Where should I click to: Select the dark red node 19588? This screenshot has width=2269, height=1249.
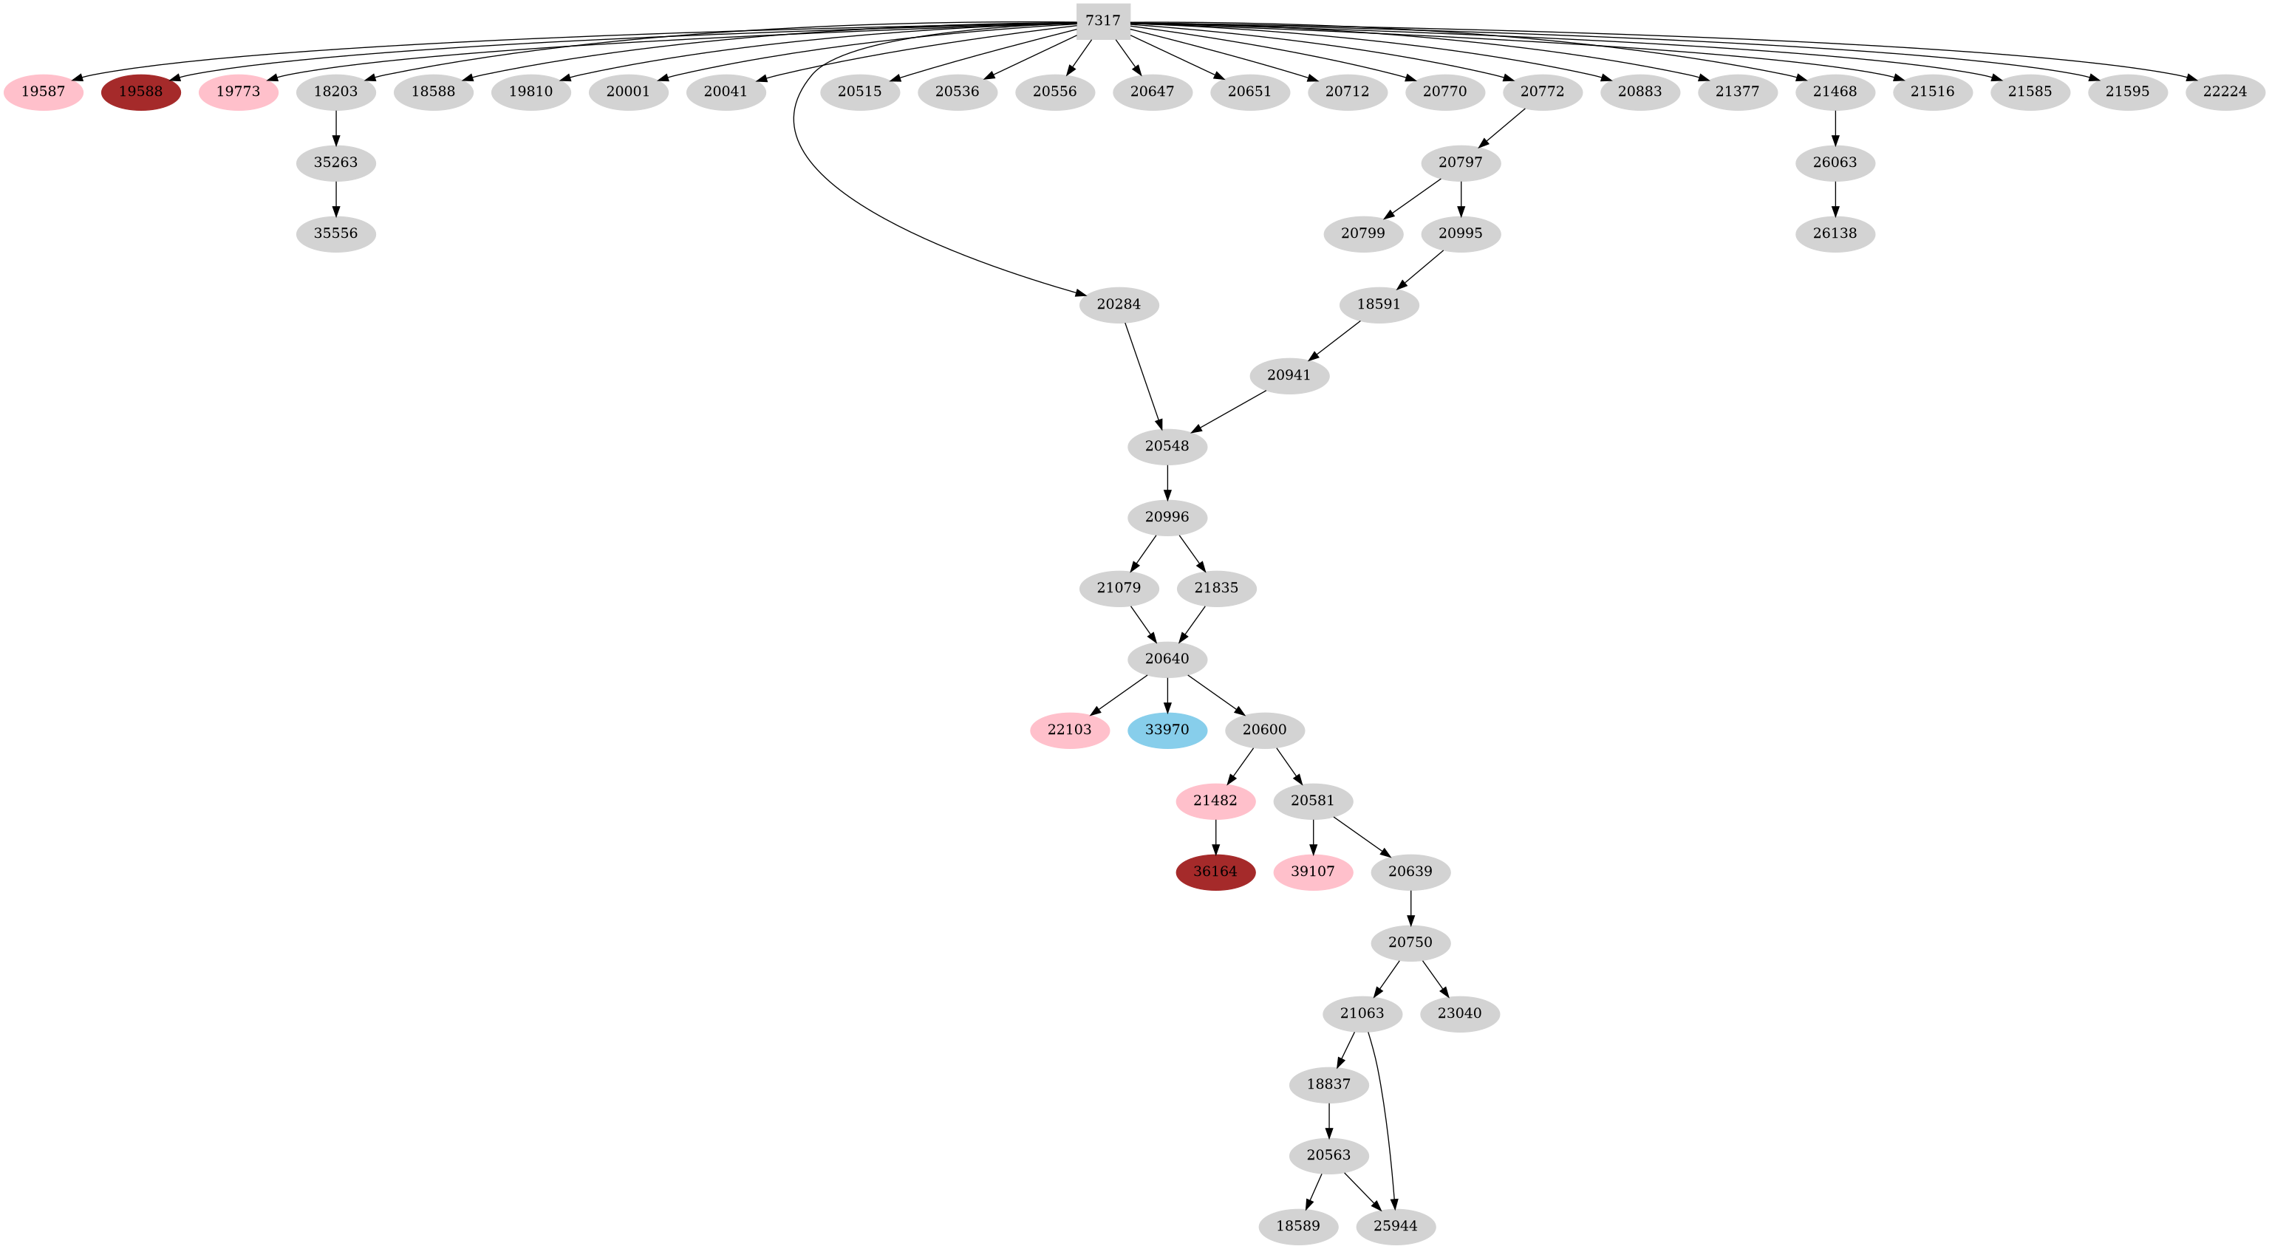coord(141,92)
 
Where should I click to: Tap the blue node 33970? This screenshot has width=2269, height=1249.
coord(1167,730)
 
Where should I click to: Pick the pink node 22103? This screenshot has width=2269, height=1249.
coord(1069,730)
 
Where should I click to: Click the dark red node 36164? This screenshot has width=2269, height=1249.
coord(1215,872)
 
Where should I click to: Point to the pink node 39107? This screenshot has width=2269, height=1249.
coord(1312,872)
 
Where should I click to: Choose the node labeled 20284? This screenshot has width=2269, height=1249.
coord(1119,305)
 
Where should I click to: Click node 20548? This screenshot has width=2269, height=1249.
coord(1167,447)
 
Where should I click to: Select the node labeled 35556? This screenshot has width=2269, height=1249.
coord(335,234)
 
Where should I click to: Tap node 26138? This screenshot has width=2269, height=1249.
coord(1835,234)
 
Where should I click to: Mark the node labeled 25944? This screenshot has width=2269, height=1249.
coord(1395,1226)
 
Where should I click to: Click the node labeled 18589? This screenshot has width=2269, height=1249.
coord(1297,1226)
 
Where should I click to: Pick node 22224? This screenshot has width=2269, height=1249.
coord(2225,92)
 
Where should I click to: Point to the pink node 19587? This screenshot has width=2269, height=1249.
coord(43,92)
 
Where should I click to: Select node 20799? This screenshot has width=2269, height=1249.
coord(1362,234)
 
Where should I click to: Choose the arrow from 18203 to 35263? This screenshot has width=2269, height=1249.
coord(335,127)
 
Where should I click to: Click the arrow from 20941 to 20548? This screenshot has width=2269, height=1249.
coord(1228,411)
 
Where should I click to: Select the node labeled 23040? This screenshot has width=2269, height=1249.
coord(1459,1014)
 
